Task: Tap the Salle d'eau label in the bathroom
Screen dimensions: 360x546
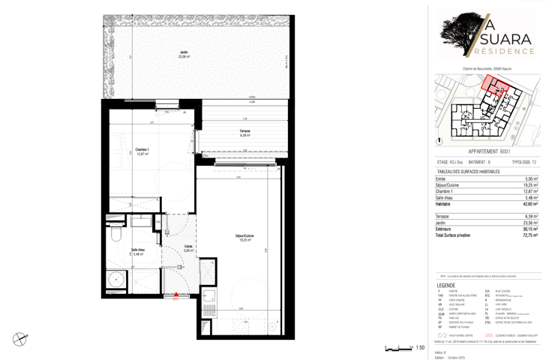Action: [x=139, y=252]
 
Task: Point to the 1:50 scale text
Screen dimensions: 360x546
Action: [x=420, y=348]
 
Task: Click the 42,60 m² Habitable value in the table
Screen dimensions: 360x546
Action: [x=530, y=204]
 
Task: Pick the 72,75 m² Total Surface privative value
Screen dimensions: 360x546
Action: [x=530, y=235]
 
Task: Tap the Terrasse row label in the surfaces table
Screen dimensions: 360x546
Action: [x=444, y=217]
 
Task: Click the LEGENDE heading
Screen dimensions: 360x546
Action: [x=445, y=286]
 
